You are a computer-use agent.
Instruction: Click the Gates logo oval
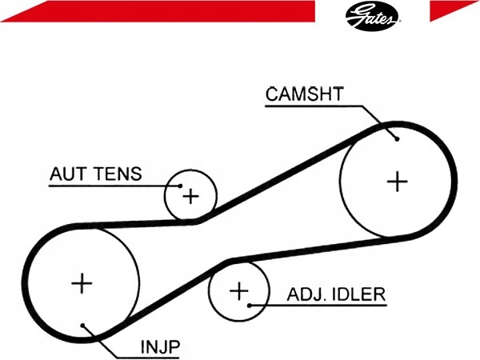tap(372, 16)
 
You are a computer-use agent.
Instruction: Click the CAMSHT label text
tap(305, 94)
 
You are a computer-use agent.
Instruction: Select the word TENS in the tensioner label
tap(118, 174)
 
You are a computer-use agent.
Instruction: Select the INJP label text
tap(160, 347)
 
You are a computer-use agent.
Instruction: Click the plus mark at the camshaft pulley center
tap(397, 182)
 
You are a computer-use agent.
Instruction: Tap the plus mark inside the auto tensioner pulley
tap(190, 196)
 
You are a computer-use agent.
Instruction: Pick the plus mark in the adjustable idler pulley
tap(238, 291)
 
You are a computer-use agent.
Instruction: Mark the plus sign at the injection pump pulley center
tap(82, 283)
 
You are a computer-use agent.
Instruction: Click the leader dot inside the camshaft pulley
tap(397, 139)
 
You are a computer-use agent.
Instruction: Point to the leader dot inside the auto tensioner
tap(180, 186)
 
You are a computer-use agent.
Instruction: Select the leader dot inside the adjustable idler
tap(250, 306)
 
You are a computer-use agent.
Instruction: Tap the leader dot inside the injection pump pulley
tap(82, 325)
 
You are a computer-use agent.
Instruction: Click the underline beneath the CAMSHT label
tap(314, 106)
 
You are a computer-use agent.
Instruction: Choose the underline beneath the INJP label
tap(148, 358)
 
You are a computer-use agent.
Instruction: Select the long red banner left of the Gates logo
tap(158, 11)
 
